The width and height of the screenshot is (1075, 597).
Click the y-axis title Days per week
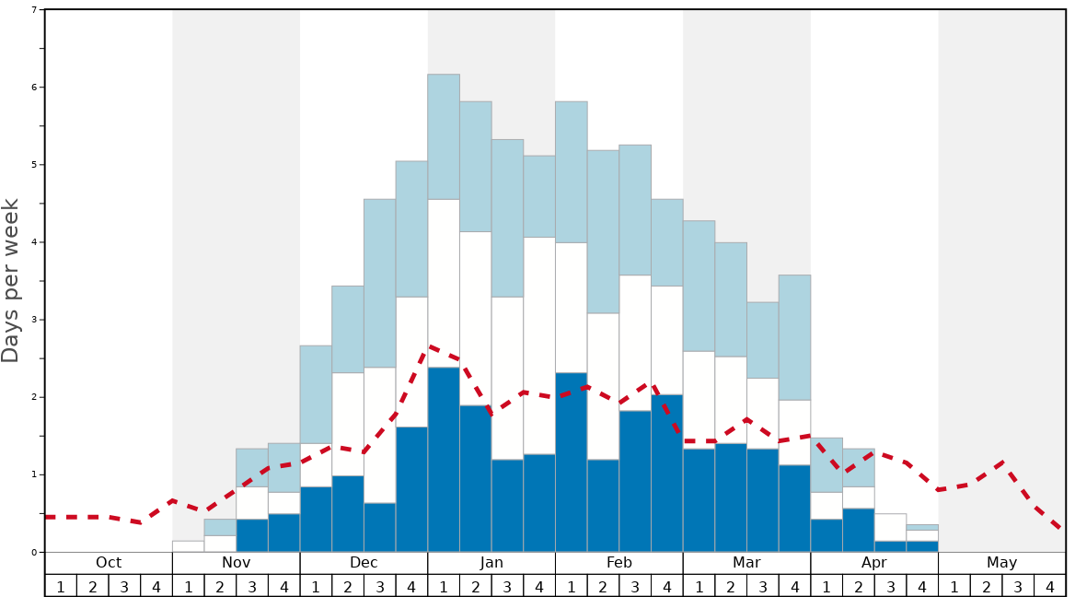point(11,281)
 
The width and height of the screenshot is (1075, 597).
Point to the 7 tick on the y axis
point(35,10)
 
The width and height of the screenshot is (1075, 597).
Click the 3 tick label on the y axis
point(35,320)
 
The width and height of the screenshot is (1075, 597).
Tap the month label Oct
point(109,563)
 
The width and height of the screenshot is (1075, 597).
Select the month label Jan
point(491,563)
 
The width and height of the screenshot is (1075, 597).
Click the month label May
point(1002,563)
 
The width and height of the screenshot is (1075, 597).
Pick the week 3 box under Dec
point(380,586)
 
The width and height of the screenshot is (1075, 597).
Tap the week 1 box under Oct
point(61,586)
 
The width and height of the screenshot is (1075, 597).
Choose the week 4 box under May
point(1050,586)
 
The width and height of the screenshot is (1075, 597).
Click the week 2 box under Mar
point(731,586)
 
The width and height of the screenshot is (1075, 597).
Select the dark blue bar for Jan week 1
point(444,460)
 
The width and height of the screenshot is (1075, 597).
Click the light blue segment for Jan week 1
point(444,136)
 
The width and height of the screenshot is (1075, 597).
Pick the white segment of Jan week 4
point(539,345)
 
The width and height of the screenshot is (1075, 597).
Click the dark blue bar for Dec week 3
point(380,528)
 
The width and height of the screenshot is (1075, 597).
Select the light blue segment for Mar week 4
point(794,337)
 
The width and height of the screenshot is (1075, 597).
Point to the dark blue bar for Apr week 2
point(859,531)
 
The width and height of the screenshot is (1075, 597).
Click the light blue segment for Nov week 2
point(220,527)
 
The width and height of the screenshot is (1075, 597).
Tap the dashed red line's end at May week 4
point(1061,530)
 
